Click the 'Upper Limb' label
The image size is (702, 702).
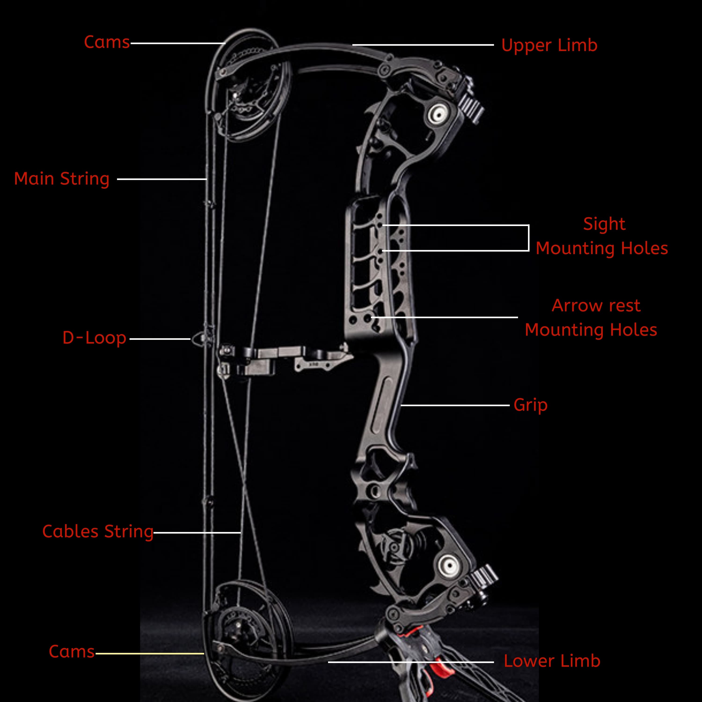pos(549,45)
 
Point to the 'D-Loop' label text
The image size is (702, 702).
pos(94,338)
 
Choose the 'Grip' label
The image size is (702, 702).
pos(530,405)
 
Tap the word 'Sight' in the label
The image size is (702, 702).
pos(604,224)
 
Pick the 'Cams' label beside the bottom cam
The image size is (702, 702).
pos(72,651)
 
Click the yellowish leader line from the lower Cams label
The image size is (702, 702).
pos(149,653)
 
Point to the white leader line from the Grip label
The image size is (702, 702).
pos(454,405)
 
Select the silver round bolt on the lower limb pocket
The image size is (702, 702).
pos(449,565)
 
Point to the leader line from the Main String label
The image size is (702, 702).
pos(162,179)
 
